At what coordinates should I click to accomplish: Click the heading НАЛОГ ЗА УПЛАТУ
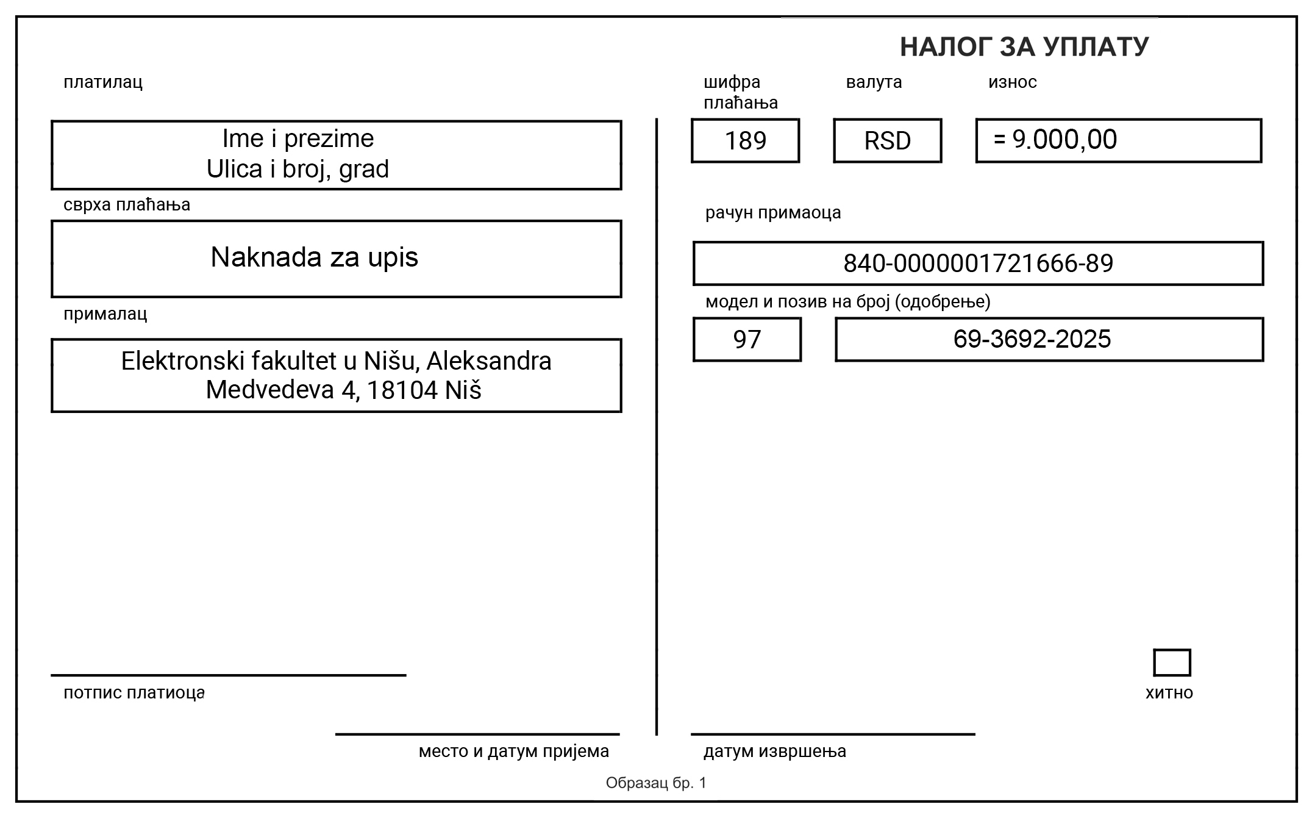tap(1024, 47)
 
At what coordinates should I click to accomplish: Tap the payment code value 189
tap(745, 141)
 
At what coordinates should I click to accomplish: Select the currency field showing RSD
tap(887, 141)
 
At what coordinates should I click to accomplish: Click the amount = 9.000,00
tap(1055, 140)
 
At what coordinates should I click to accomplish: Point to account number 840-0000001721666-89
tap(978, 264)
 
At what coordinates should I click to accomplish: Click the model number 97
tap(747, 340)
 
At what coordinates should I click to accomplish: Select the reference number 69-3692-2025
tap(1032, 339)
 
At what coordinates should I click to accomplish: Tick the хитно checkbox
tap(1171, 662)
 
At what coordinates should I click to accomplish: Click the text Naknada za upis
tap(314, 257)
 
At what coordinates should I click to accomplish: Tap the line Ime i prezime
tap(298, 138)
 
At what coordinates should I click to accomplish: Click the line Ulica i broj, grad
tap(298, 169)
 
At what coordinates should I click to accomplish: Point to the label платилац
tap(103, 82)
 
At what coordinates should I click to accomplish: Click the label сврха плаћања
tap(127, 204)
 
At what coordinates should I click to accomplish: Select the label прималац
tap(105, 314)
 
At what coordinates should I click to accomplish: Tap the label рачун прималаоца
tap(772, 212)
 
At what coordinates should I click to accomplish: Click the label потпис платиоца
tap(134, 693)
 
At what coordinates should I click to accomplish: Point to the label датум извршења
tap(774, 751)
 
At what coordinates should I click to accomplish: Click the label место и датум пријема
tap(513, 751)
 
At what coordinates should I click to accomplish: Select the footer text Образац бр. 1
tap(656, 783)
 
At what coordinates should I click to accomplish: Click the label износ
tap(1012, 82)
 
